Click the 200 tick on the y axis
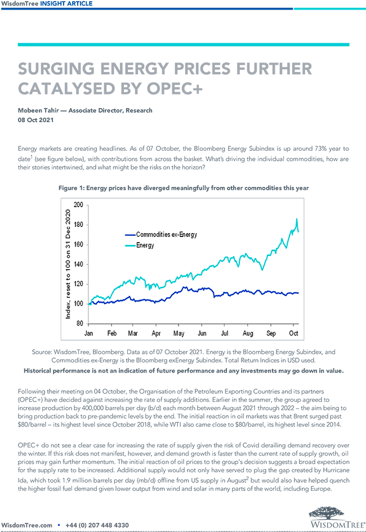pos(78,205)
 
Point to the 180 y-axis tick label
pos(78,225)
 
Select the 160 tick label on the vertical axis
pos(78,244)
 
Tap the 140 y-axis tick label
pos(78,264)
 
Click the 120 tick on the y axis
pos(78,284)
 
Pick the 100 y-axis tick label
pos(78,304)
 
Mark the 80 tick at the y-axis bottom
pos(80,324)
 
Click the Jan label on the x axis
pos(89,333)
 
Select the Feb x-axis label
pos(111,333)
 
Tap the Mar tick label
pos(133,333)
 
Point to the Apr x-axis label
pos(157,333)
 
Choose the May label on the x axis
pos(179,333)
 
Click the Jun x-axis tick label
pos(202,333)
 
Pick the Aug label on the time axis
pos(248,333)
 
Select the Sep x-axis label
pos(271,333)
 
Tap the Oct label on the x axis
pos(293,333)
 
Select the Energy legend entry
pos(145,245)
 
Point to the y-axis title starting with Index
pos(69,264)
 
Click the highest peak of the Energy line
pos(296,219)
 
